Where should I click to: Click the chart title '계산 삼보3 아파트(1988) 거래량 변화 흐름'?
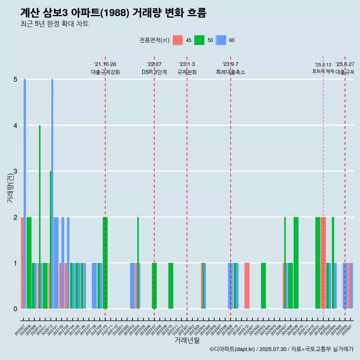point(113,13)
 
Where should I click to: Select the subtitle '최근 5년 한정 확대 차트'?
point(54,24)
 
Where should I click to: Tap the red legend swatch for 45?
point(178,40)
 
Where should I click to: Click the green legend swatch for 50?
point(199,40)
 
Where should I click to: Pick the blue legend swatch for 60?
point(221,40)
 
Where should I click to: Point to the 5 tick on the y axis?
point(15,79)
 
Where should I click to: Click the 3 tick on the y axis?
point(15,171)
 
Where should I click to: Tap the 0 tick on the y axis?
point(15,309)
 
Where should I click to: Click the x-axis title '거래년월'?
point(187,340)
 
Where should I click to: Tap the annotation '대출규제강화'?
point(105,72)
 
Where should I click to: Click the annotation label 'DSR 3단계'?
point(154,72)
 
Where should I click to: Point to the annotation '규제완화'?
point(187,72)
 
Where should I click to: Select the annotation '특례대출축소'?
point(230,72)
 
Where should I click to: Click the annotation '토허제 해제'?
point(323,71)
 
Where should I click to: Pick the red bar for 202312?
point(247,286)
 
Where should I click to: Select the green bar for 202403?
point(263,286)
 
